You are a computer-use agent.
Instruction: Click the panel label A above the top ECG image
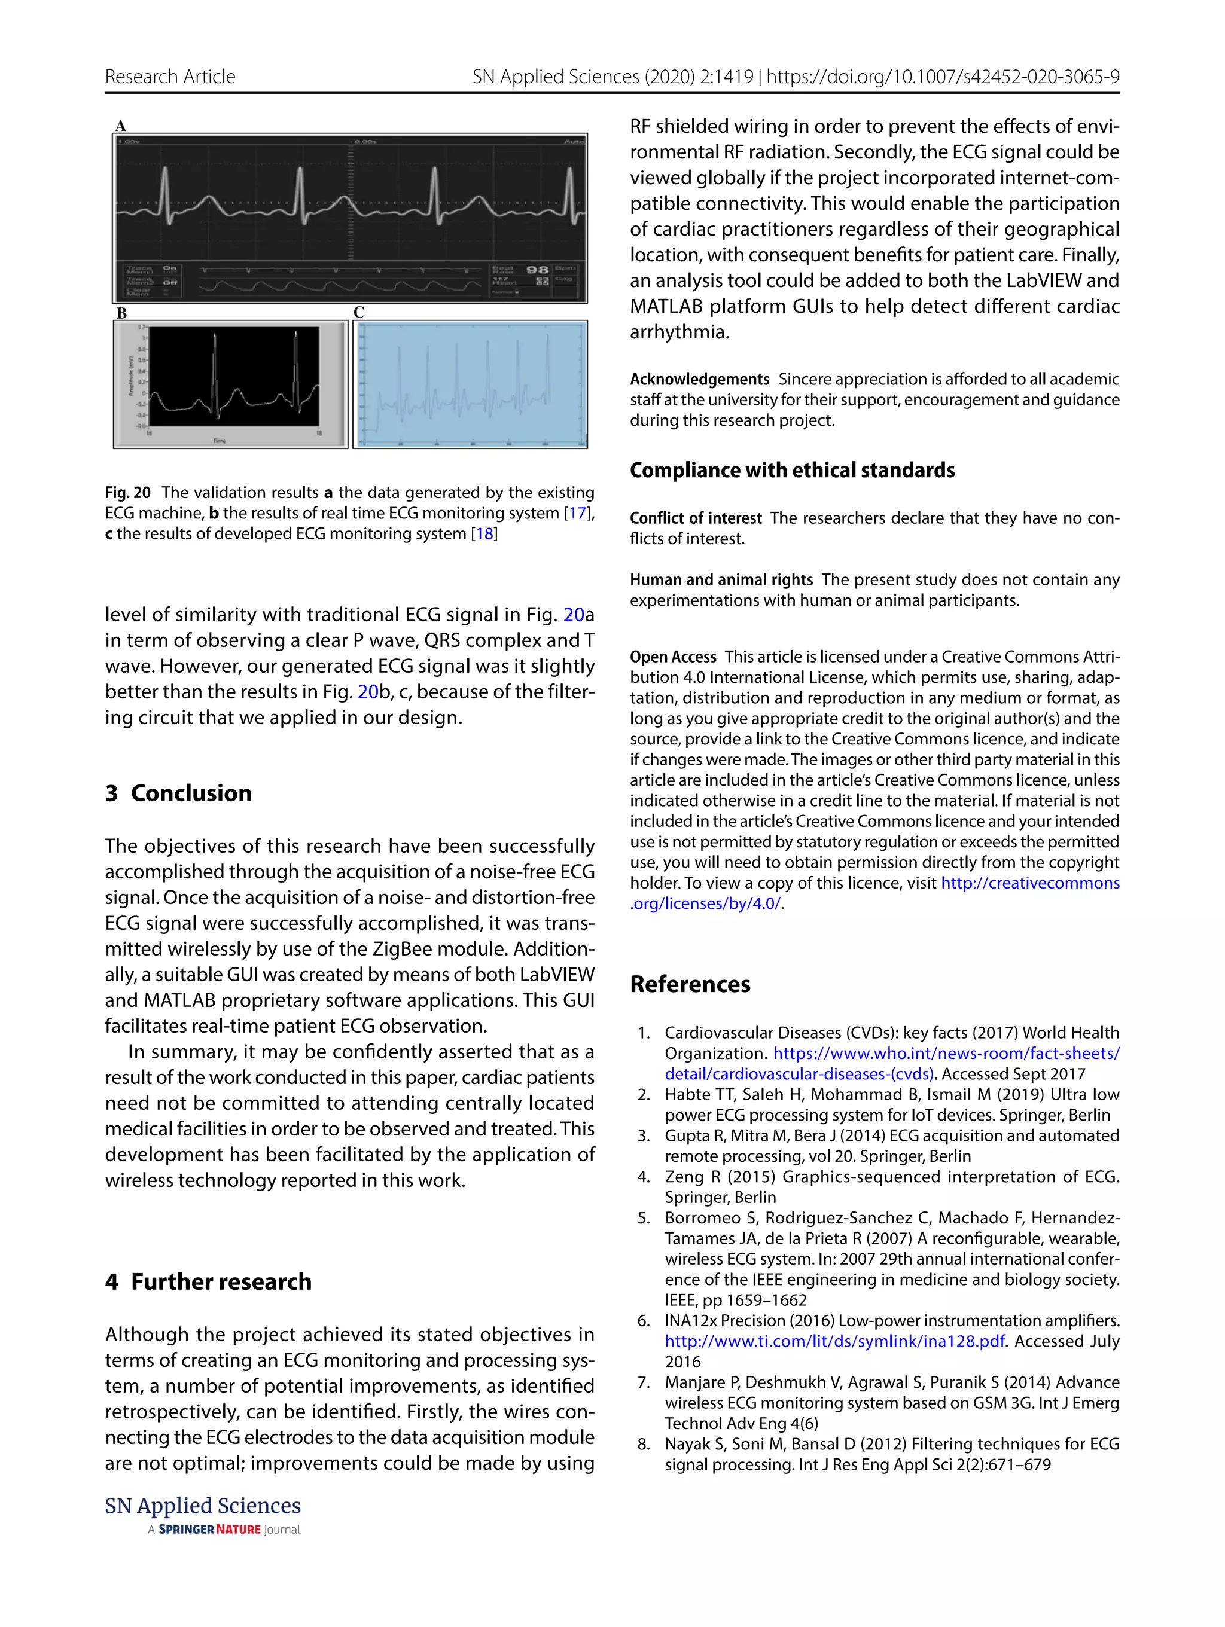tap(121, 126)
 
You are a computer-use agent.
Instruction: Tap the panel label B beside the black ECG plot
tap(121, 313)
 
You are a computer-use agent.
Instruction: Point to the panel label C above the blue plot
tap(359, 313)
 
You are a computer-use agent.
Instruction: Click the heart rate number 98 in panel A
tap(537, 270)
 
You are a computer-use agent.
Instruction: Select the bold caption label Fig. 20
tap(128, 493)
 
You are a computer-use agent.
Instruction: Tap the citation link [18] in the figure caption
tap(484, 534)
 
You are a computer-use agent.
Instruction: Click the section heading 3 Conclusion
tap(178, 793)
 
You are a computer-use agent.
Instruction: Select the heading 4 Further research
tap(208, 1281)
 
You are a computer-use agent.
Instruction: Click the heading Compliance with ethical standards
tap(792, 470)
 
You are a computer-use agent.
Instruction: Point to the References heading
tap(690, 984)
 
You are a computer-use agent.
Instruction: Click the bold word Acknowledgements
tap(699, 380)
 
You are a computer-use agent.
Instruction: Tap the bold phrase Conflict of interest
tap(695, 518)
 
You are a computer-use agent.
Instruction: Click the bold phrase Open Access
tap(672, 657)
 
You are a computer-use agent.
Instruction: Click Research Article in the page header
tap(170, 77)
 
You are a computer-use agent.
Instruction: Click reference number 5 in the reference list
tap(644, 1218)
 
